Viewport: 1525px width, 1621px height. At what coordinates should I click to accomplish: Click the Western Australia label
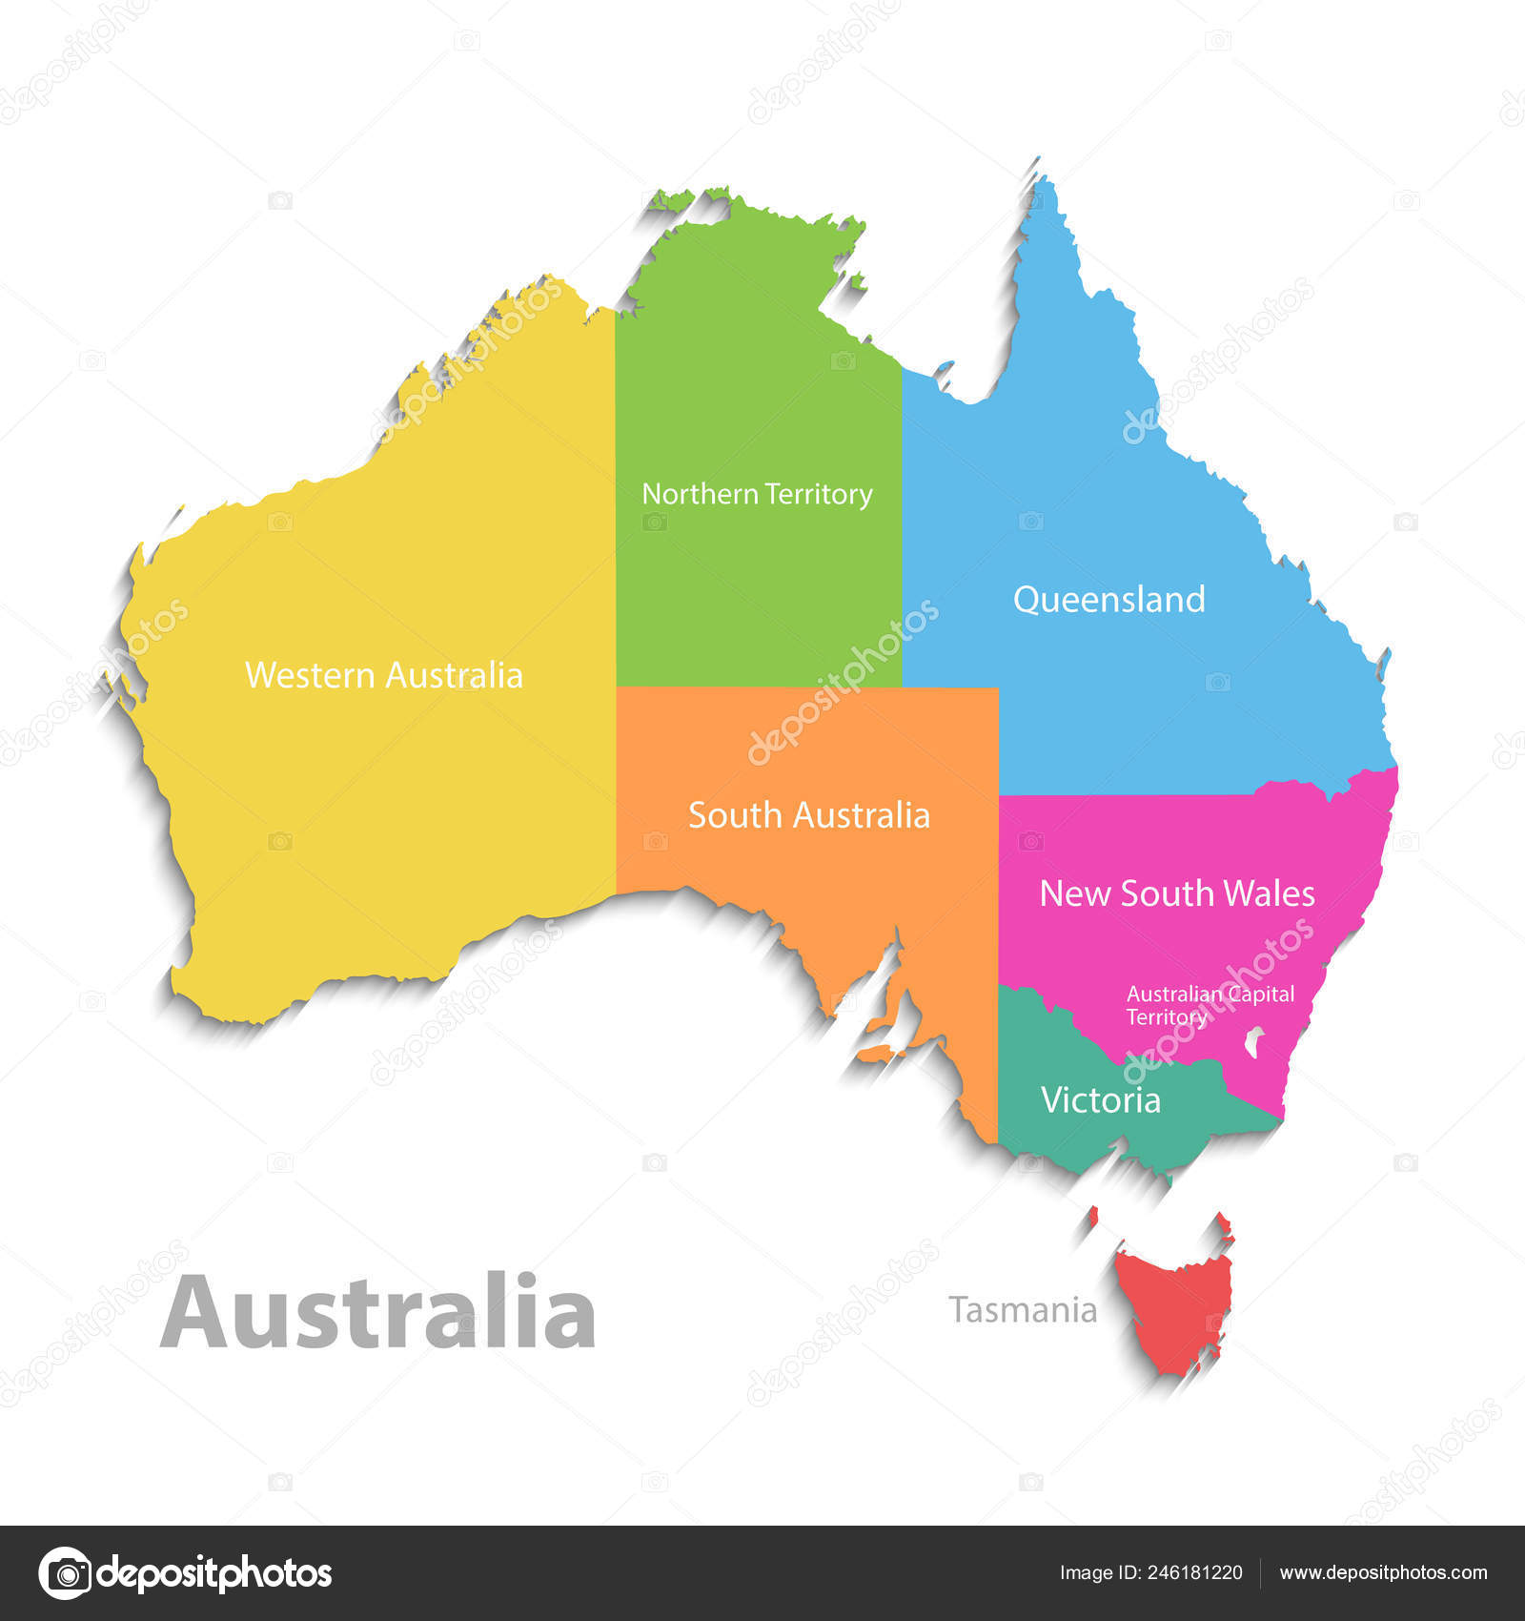point(384,675)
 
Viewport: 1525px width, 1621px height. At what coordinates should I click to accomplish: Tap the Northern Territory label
point(757,494)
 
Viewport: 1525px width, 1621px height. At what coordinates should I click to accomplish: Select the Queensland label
point(1108,600)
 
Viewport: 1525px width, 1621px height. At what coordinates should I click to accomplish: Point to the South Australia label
point(808,815)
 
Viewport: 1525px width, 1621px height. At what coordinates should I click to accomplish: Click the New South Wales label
point(1177,893)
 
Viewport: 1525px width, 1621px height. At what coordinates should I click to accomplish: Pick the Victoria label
point(1101,1100)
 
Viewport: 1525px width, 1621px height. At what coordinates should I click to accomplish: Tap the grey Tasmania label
point(1023,1310)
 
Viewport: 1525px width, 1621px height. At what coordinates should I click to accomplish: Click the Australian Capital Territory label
point(1210,1005)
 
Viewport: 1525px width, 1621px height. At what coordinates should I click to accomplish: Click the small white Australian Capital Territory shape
point(1254,1041)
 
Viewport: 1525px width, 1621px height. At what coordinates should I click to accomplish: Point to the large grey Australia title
point(378,1313)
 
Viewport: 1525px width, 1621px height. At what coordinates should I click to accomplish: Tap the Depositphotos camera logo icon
point(65,1572)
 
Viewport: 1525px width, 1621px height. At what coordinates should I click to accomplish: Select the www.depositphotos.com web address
point(1383,1573)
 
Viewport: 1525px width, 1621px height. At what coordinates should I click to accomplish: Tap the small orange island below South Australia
point(879,1053)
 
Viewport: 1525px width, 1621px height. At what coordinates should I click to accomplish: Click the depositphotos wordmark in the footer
point(214,1573)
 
